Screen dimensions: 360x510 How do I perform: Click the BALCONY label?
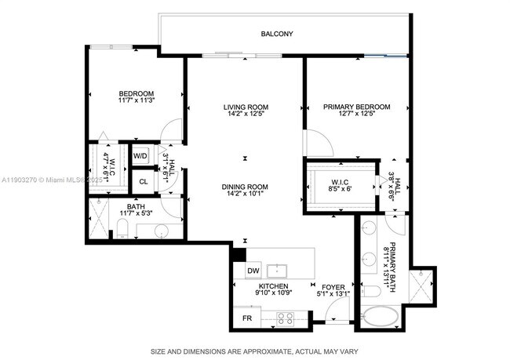coord(277,34)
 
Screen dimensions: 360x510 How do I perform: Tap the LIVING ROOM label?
coord(245,107)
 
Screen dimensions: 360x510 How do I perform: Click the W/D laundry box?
coord(141,156)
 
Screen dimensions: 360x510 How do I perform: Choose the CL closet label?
coord(142,181)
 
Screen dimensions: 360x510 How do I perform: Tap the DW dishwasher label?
coord(253,271)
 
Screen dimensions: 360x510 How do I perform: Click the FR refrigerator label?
coord(246,318)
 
